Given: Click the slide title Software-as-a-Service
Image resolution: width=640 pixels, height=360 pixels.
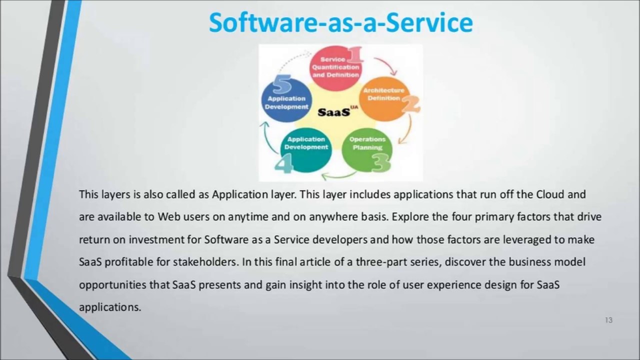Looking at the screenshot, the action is (x=341, y=23).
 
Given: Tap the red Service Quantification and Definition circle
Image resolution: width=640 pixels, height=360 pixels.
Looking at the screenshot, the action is (x=335, y=68).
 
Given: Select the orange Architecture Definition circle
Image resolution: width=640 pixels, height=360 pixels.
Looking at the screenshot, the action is (x=384, y=99).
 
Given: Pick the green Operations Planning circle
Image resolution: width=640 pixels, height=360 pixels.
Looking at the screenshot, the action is (x=367, y=150).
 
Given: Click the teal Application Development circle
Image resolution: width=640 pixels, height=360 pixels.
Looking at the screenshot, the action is (x=306, y=150).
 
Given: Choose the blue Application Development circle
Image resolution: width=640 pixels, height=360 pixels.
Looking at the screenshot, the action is (x=287, y=100).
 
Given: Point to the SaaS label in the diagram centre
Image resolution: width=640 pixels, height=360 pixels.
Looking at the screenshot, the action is (x=334, y=112).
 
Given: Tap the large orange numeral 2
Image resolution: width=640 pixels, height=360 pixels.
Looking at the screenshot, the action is (x=411, y=104).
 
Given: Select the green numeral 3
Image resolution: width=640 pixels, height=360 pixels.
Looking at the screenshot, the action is (x=381, y=163).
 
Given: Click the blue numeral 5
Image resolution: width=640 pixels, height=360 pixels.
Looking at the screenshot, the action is (x=281, y=84).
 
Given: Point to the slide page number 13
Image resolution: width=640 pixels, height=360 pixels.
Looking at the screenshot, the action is (x=608, y=320).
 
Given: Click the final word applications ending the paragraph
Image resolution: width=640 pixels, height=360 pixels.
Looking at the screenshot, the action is (x=110, y=307).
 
